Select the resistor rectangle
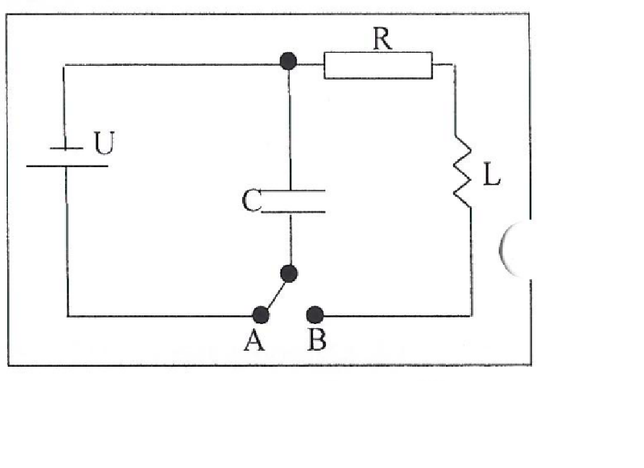378,65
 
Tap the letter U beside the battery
104,142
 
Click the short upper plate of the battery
66,148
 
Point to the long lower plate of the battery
67,166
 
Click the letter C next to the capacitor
251,200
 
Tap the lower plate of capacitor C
293,212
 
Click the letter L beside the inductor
491,174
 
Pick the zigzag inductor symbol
463,171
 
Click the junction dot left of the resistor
288,61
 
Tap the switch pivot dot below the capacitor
288,273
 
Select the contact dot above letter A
261,315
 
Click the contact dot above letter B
315,315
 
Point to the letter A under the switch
254,340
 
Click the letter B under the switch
317,340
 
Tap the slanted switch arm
275,294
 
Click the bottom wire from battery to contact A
160,316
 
